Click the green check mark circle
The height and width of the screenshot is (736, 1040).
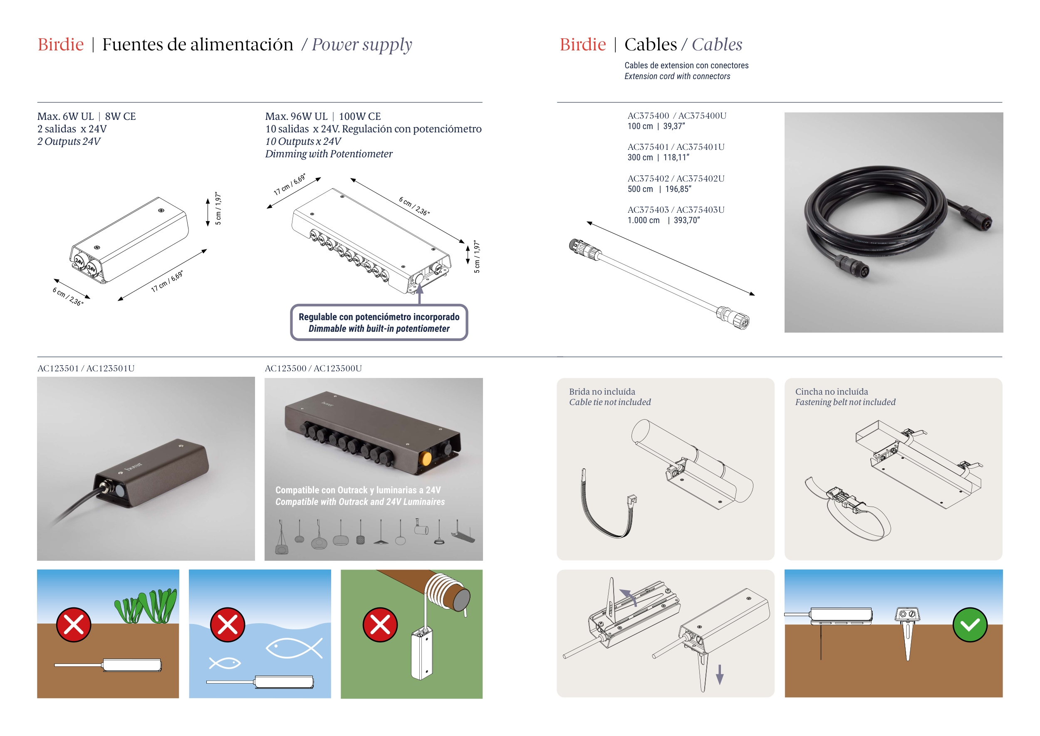[x=969, y=625]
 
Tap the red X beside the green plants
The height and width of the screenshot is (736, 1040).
[x=73, y=625]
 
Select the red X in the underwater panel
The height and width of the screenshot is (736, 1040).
[x=228, y=625]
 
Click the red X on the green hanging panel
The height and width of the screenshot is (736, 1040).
[x=380, y=625]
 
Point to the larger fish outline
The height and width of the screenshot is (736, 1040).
[x=294, y=648]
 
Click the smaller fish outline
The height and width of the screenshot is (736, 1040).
[x=225, y=664]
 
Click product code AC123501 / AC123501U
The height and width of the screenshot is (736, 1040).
[x=86, y=368]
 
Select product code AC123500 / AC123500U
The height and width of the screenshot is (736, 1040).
[x=313, y=368]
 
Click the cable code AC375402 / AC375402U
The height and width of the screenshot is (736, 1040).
[x=676, y=179]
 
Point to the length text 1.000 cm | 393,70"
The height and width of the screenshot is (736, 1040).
[x=664, y=220]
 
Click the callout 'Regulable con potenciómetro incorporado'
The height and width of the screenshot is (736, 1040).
[x=379, y=317]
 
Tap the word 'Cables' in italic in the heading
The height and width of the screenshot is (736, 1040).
[x=717, y=45]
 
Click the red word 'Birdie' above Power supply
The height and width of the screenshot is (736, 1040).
[x=61, y=45]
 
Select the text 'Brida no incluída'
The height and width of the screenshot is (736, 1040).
[x=602, y=392]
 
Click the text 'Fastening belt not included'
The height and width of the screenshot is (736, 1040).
[x=845, y=403]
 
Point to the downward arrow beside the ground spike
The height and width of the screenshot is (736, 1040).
[x=719, y=674]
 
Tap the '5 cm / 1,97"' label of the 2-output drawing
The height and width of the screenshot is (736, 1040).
[x=218, y=208]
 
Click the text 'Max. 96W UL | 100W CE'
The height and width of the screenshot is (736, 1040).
[x=323, y=117]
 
